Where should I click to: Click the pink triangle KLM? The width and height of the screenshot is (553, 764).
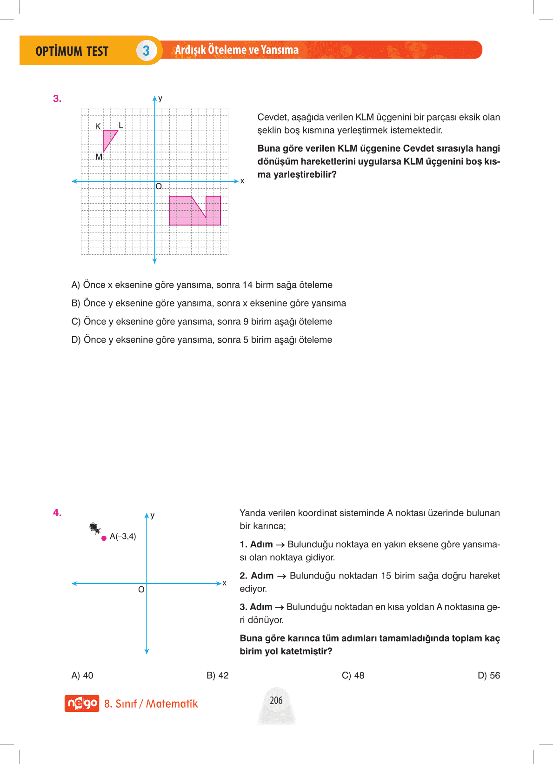[x=108, y=138]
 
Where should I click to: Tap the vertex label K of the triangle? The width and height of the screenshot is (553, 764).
[x=98, y=126]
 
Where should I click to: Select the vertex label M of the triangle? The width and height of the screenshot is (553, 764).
[x=99, y=157]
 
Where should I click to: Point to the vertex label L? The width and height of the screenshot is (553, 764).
[x=121, y=126]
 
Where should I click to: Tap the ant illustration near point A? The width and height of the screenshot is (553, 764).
[x=95, y=528]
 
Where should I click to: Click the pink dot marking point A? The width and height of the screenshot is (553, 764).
[x=104, y=538]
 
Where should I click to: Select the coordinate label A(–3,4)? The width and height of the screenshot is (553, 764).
[x=123, y=537]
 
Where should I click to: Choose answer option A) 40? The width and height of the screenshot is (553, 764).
[x=82, y=676]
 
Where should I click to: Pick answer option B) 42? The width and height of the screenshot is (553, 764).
[x=218, y=676]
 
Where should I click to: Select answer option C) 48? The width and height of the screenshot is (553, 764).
[x=353, y=676]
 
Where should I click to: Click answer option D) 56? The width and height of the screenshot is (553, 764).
[x=489, y=676]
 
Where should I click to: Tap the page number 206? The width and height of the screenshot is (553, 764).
[x=276, y=700]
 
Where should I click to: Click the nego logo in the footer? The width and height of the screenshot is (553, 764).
[x=82, y=704]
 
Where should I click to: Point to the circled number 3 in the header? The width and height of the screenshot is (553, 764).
[x=146, y=51]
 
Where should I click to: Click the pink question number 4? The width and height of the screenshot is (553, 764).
[x=57, y=513]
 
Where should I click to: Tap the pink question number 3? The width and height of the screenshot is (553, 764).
[x=57, y=99]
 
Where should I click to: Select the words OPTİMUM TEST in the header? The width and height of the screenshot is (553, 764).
[x=72, y=51]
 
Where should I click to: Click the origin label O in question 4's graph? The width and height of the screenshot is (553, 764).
[x=141, y=590]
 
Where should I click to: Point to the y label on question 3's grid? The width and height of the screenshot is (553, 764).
[x=160, y=98]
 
